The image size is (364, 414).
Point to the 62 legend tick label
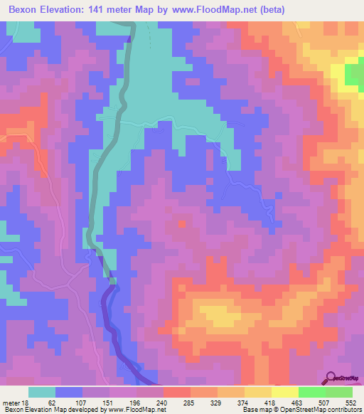pyautogui.click(x=49, y=402)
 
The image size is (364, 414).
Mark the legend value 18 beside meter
pyautogui.click(x=23, y=402)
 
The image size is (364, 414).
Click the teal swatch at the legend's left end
pyautogui.click(x=42, y=392)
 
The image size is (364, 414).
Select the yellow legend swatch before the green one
pyautogui.click(x=285, y=392)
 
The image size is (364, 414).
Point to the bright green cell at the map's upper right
pyautogui.click(x=353, y=73)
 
